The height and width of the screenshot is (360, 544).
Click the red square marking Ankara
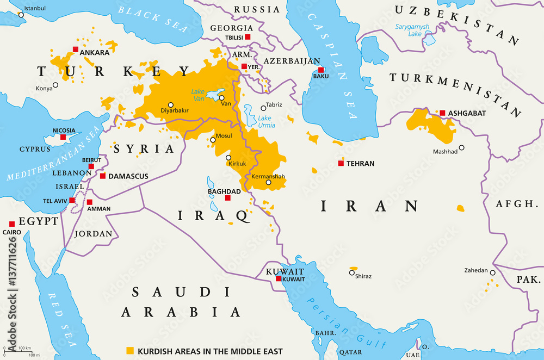75,49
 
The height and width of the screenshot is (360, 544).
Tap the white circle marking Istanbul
21,15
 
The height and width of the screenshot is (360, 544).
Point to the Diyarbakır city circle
171,105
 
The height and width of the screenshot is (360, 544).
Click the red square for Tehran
341,163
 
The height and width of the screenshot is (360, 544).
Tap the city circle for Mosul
213,140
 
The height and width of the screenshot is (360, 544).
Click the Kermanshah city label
268,176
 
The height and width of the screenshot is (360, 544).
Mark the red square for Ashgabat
442,113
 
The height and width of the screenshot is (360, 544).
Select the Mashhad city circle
461,147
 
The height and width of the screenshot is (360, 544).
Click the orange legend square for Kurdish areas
129,351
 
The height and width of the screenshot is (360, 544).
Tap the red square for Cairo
11,224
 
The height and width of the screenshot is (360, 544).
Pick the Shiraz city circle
352,272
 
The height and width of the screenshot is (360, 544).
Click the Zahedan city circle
492,273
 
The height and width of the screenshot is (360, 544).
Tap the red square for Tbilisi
248,36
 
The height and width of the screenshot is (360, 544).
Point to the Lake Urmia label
264,121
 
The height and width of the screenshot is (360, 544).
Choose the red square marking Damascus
103,176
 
